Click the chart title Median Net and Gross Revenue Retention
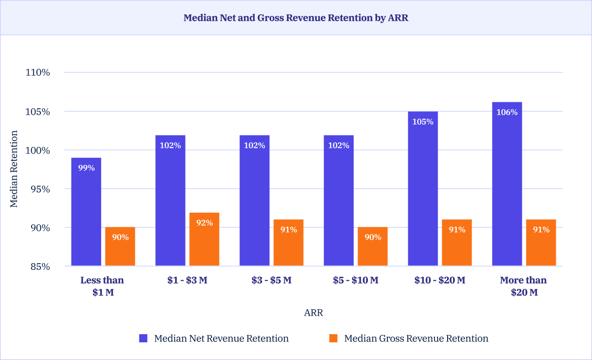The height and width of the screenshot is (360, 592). [296, 18]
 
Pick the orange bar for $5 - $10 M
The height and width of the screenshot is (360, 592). [372, 246]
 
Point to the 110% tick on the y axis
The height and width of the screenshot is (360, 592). [40, 72]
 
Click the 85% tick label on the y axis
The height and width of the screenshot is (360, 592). [40, 266]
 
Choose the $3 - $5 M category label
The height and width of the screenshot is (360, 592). [272, 280]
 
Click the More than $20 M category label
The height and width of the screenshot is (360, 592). [524, 286]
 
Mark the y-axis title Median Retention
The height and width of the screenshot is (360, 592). [14, 169]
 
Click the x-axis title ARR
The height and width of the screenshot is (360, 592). [314, 313]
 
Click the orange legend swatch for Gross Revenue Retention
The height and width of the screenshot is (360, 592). [334, 338]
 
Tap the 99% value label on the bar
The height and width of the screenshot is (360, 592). [86, 168]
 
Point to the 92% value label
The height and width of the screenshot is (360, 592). [204, 223]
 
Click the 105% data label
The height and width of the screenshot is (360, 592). [423, 122]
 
